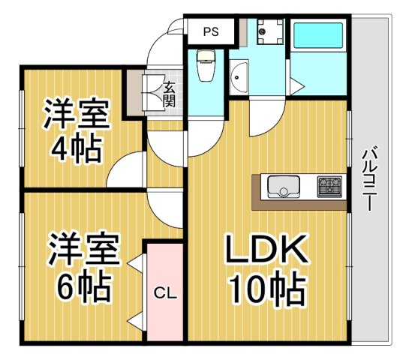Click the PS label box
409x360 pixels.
click(211, 32)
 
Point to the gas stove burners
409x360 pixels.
click(329, 184)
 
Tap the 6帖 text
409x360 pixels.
click(81, 285)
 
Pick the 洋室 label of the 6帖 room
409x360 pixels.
click(85, 249)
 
